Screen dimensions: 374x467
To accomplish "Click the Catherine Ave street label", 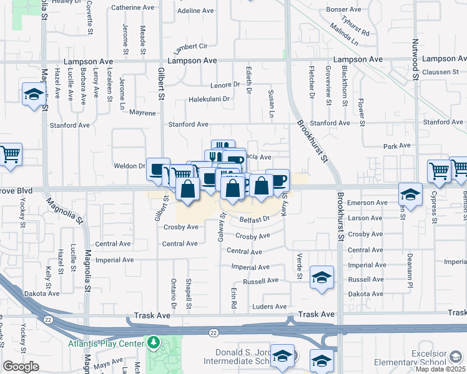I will [x=132, y=8].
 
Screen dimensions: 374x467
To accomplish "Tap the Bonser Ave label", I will [x=344, y=10].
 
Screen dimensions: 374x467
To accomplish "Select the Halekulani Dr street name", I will [x=209, y=99].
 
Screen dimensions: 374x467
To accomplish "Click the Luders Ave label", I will [x=269, y=307].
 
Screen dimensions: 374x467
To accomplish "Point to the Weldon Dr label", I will [x=129, y=166].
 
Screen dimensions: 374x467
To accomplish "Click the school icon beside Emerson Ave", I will [x=411, y=194].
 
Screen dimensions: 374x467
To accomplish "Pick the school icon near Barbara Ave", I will [x=32, y=94].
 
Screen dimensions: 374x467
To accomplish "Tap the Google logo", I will [x=20, y=367].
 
